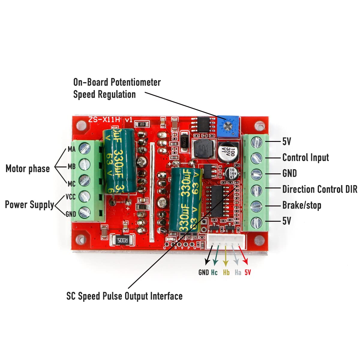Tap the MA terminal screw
84,148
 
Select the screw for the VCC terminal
84,196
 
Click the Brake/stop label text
301,205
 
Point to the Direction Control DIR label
320,189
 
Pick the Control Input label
305,157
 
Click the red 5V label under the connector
247,272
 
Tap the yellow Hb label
226,272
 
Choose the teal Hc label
214,272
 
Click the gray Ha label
238,272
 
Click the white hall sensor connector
226,241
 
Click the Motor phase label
28,169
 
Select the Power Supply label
29,205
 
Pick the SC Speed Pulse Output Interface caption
124,296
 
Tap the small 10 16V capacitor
232,173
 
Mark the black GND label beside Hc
203,272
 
